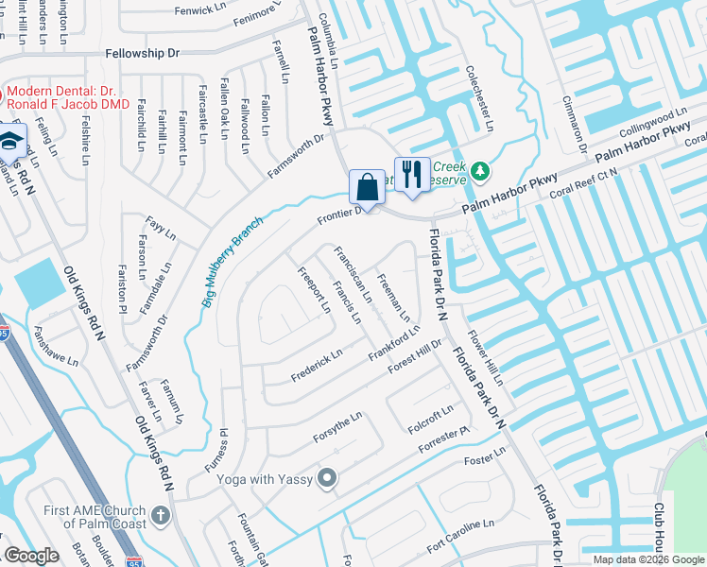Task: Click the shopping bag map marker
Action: click(x=367, y=186)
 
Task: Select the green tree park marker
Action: click(x=481, y=171)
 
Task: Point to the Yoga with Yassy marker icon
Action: click(x=327, y=479)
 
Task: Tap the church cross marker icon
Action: click(x=161, y=516)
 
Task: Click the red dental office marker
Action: click(x=2, y=95)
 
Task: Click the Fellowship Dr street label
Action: click(x=142, y=54)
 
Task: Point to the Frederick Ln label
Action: click(x=317, y=365)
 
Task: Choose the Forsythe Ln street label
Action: click(x=337, y=430)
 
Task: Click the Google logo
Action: click(x=31, y=556)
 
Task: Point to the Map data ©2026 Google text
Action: click(x=648, y=559)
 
